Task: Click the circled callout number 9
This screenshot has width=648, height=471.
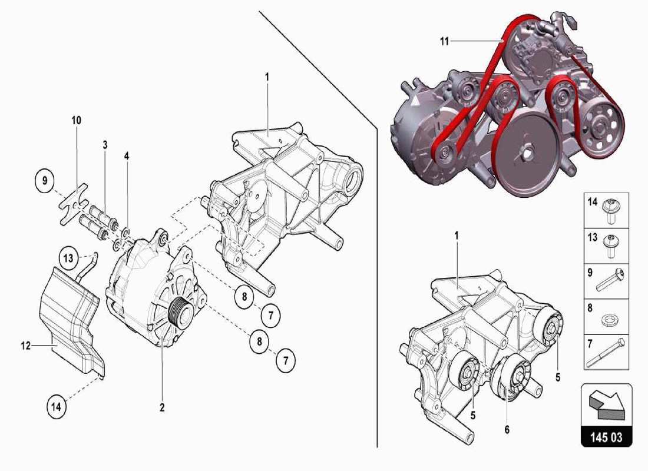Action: click(x=44, y=181)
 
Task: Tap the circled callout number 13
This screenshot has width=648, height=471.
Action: click(x=68, y=257)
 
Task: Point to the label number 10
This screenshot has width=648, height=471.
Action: click(x=76, y=120)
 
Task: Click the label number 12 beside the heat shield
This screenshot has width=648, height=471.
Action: click(x=26, y=346)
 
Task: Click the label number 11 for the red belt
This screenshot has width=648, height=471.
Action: click(x=444, y=41)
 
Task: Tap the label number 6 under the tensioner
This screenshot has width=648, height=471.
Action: click(x=506, y=430)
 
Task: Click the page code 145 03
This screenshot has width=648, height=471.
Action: click(x=606, y=439)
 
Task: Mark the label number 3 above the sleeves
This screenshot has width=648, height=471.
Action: click(x=104, y=144)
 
